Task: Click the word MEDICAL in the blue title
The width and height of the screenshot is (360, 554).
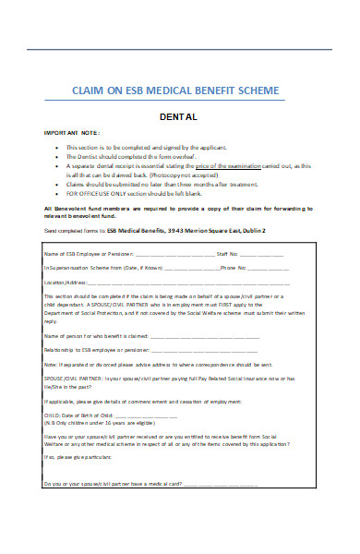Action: (185, 90)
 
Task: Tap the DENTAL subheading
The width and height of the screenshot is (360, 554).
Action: (179, 117)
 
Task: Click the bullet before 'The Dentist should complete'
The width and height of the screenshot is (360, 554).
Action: (58, 155)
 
